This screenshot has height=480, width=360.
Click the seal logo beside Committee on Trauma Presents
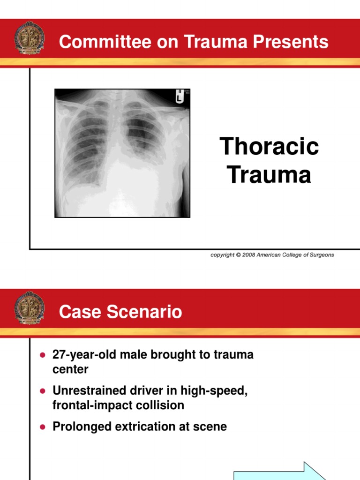click(30, 37)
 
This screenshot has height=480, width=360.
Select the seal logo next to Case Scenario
click(30, 307)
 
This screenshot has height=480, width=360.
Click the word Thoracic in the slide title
click(269, 147)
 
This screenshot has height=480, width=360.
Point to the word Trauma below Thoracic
click(269, 175)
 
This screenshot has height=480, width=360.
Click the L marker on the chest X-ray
click(179, 97)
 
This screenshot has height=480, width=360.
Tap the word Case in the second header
click(76, 312)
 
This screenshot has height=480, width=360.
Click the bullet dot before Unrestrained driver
click(43, 391)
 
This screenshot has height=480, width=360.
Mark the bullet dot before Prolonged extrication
click(43, 427)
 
